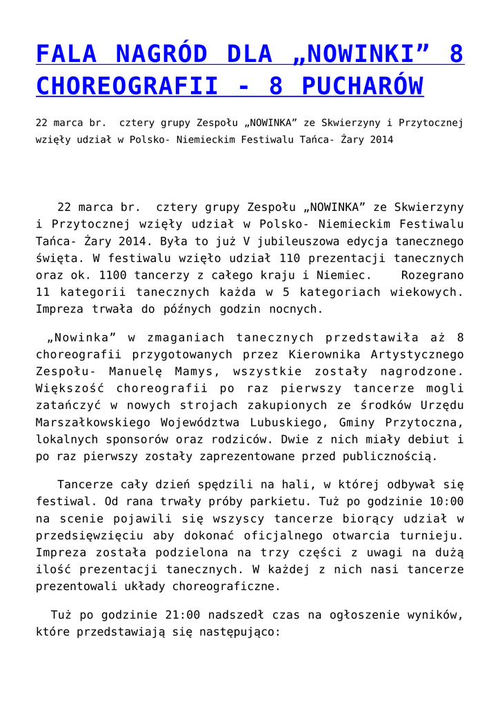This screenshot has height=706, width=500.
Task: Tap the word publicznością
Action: (x=385, y=456)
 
